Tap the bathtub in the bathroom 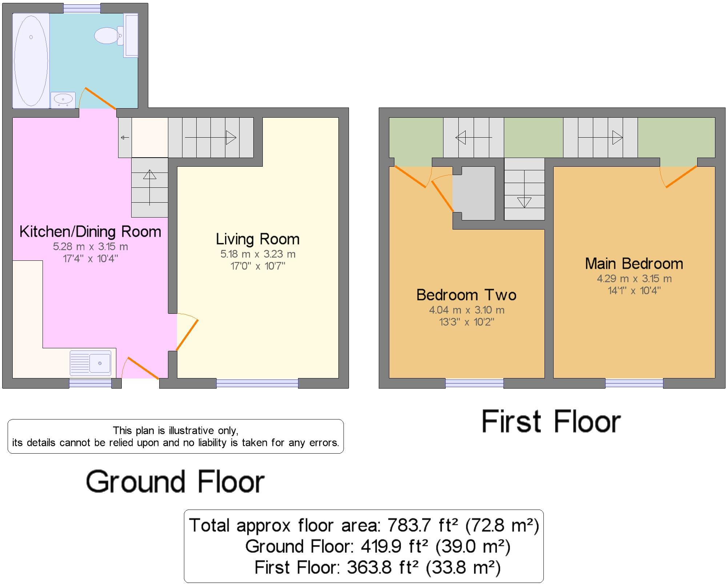[31, 60]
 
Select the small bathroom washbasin [63, 99]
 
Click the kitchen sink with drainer [91, 363]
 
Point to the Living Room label [257, 239]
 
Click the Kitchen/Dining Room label [90, 232]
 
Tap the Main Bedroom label [634, 264]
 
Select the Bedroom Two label [466, 295]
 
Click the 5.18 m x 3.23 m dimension [258, 254]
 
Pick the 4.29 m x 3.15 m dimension [634, 279]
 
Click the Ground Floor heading [175, 482]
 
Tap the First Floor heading [551, 422]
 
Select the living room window [257, 384]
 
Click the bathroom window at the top [82, 8]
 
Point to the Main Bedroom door [681, 177]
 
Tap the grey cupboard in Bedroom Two [474, 193]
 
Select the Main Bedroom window [634, 384]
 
